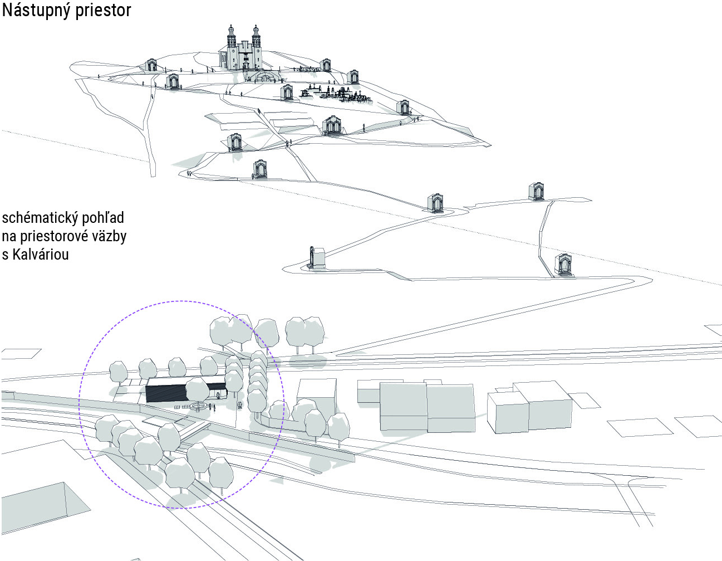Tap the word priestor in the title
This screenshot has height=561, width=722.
104,11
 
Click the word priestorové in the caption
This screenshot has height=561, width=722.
56,236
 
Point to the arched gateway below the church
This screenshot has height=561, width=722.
265,76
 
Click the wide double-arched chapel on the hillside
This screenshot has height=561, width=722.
332,125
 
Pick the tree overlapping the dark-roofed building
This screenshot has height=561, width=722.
197,389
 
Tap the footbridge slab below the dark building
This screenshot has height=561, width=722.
192,430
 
